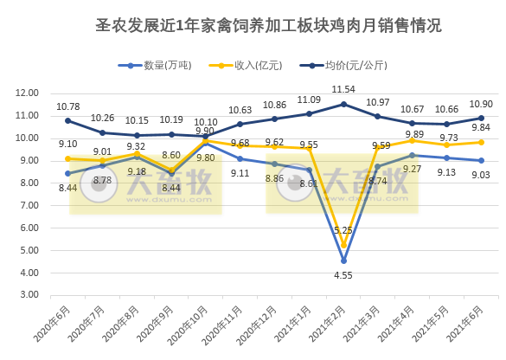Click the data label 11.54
point(344,89)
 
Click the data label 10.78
point(68,106)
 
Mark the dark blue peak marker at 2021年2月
point(344,104)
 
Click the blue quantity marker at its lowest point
point(344,260)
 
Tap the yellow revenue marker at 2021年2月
point(344,245)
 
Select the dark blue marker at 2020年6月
point(68,121)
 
